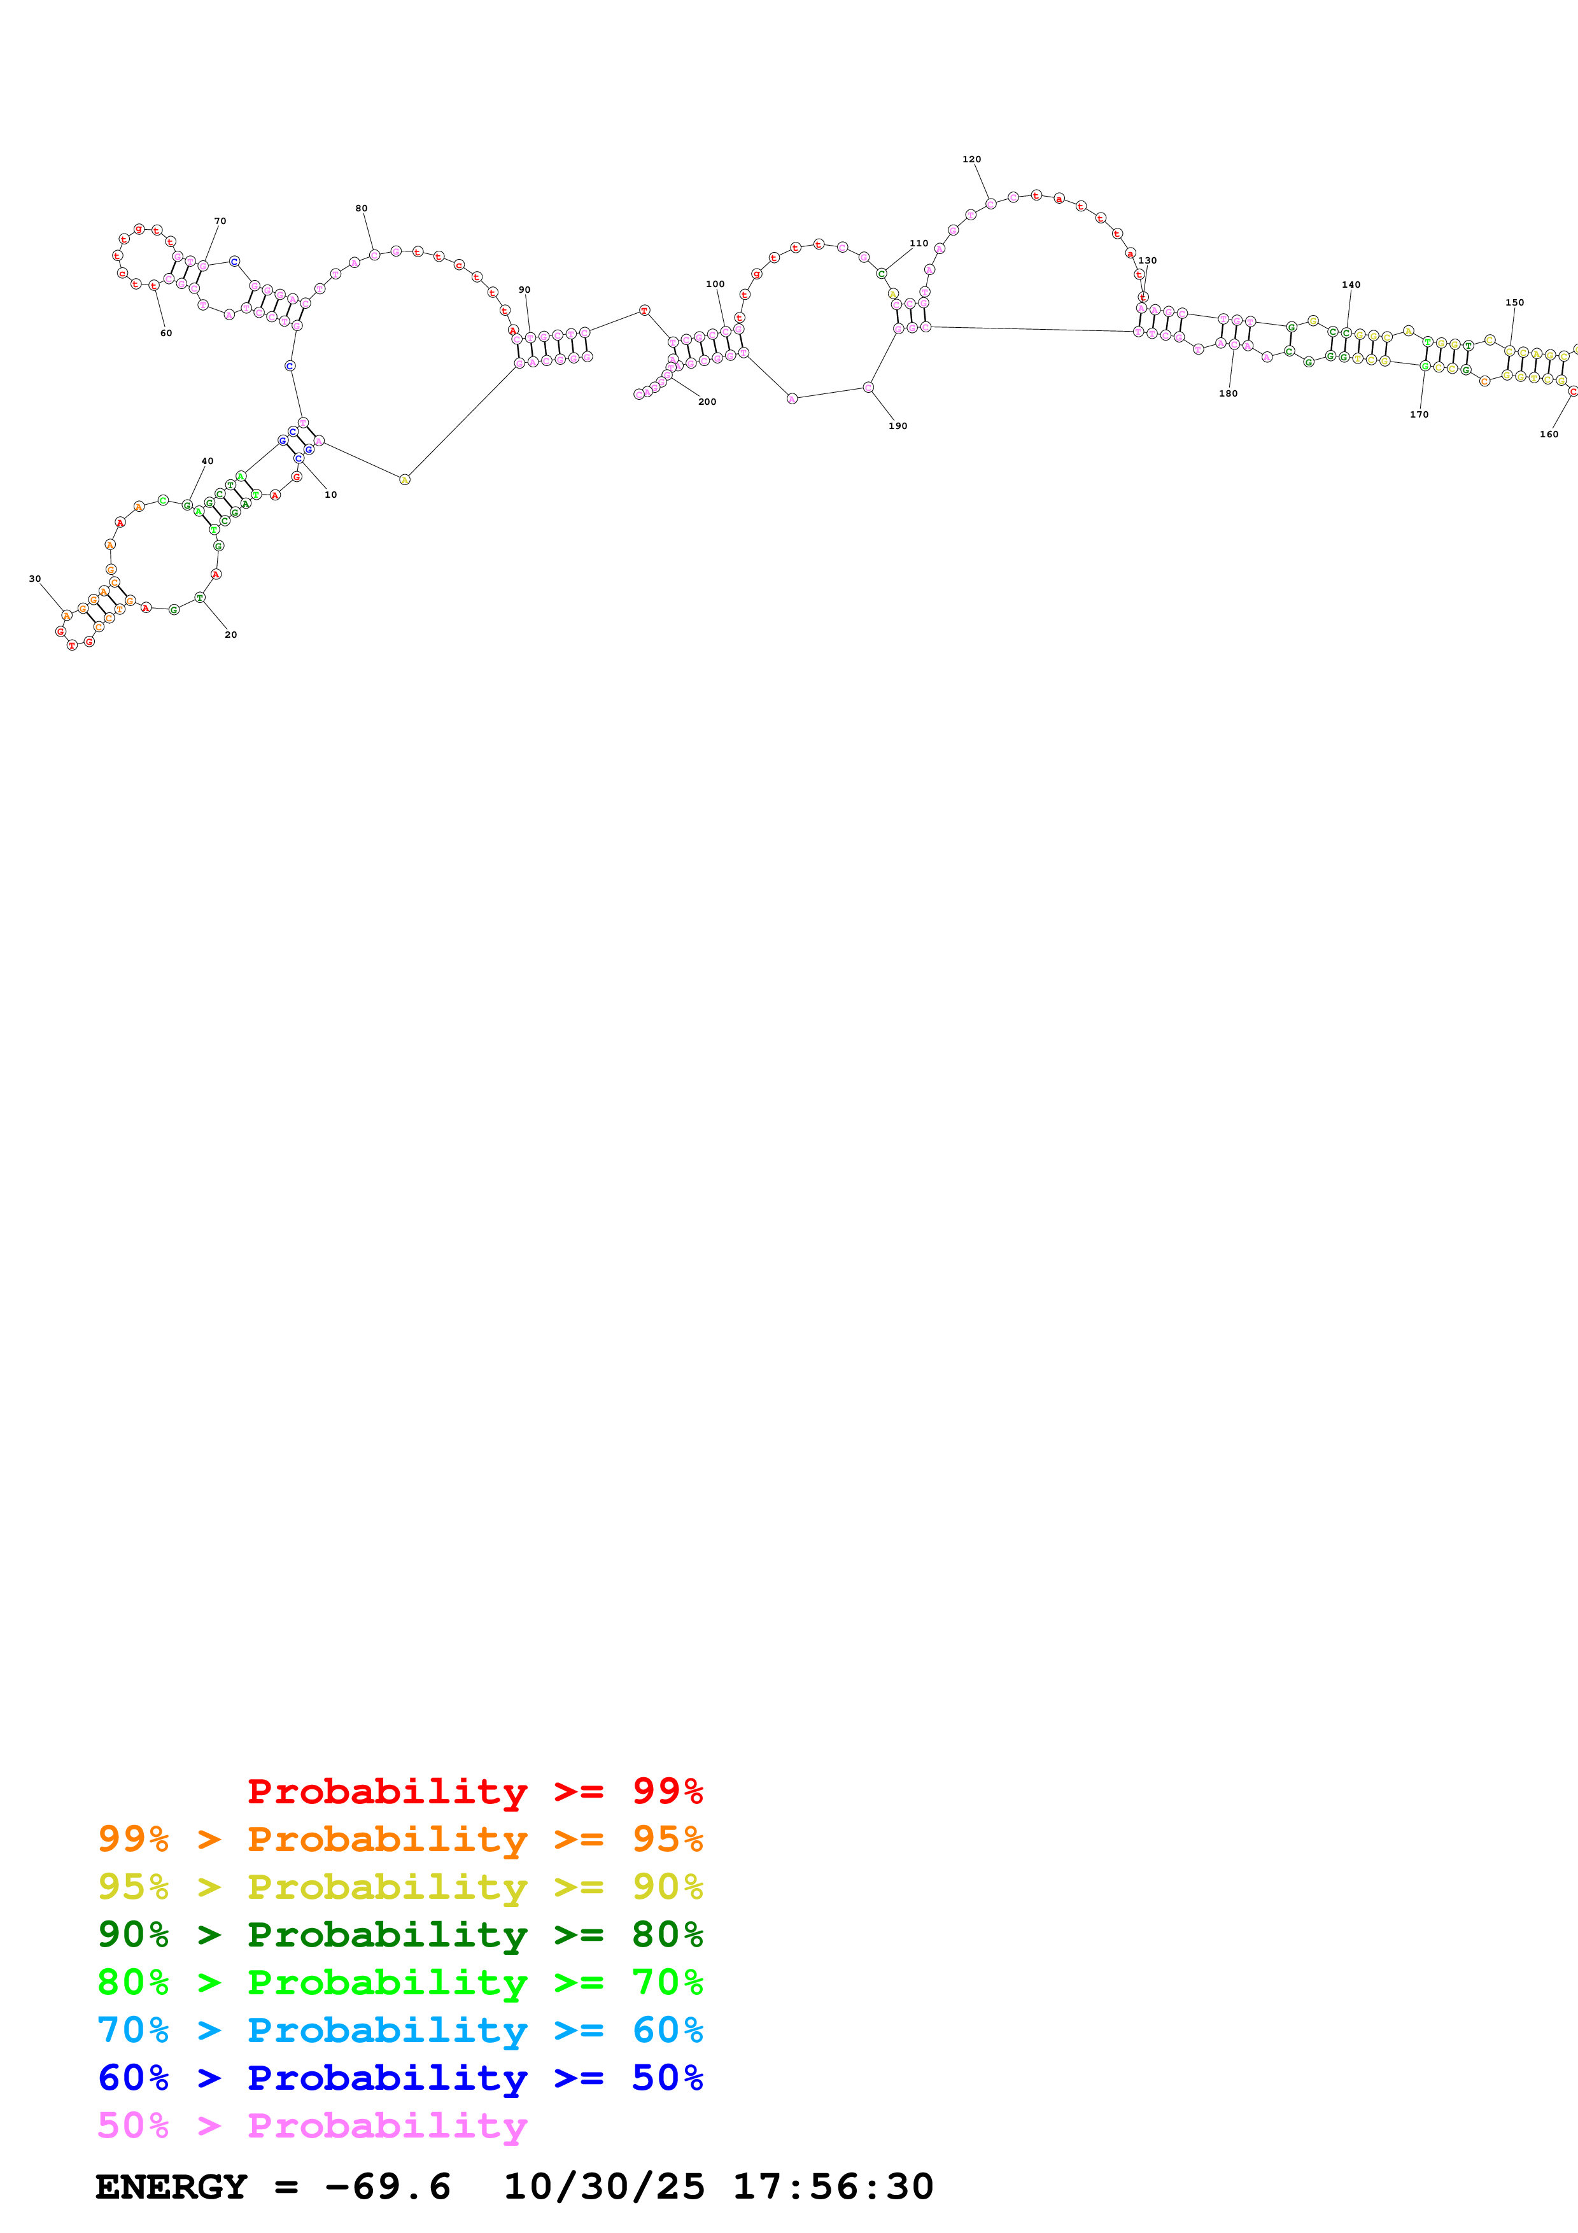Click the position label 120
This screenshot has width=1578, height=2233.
pos(971,160)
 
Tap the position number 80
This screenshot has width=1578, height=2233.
pos(362,208)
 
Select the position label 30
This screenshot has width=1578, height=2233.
pos(35,579)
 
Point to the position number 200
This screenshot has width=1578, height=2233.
pos(707,402)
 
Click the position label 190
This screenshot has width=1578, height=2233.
pos(898,426)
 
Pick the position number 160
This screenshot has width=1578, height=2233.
pos(1549,435)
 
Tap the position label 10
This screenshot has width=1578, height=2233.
pos(330,495)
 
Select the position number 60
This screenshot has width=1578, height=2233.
pos(166,334)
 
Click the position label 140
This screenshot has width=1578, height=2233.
pos(1351,285)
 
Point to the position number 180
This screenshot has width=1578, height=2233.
pos(1228,394)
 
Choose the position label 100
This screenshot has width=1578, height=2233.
pos(715,284)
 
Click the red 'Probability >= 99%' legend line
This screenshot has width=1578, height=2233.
pos(474,1791)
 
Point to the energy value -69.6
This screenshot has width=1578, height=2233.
pos(387,2187)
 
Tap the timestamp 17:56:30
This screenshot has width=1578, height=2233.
pos(832,2187)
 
